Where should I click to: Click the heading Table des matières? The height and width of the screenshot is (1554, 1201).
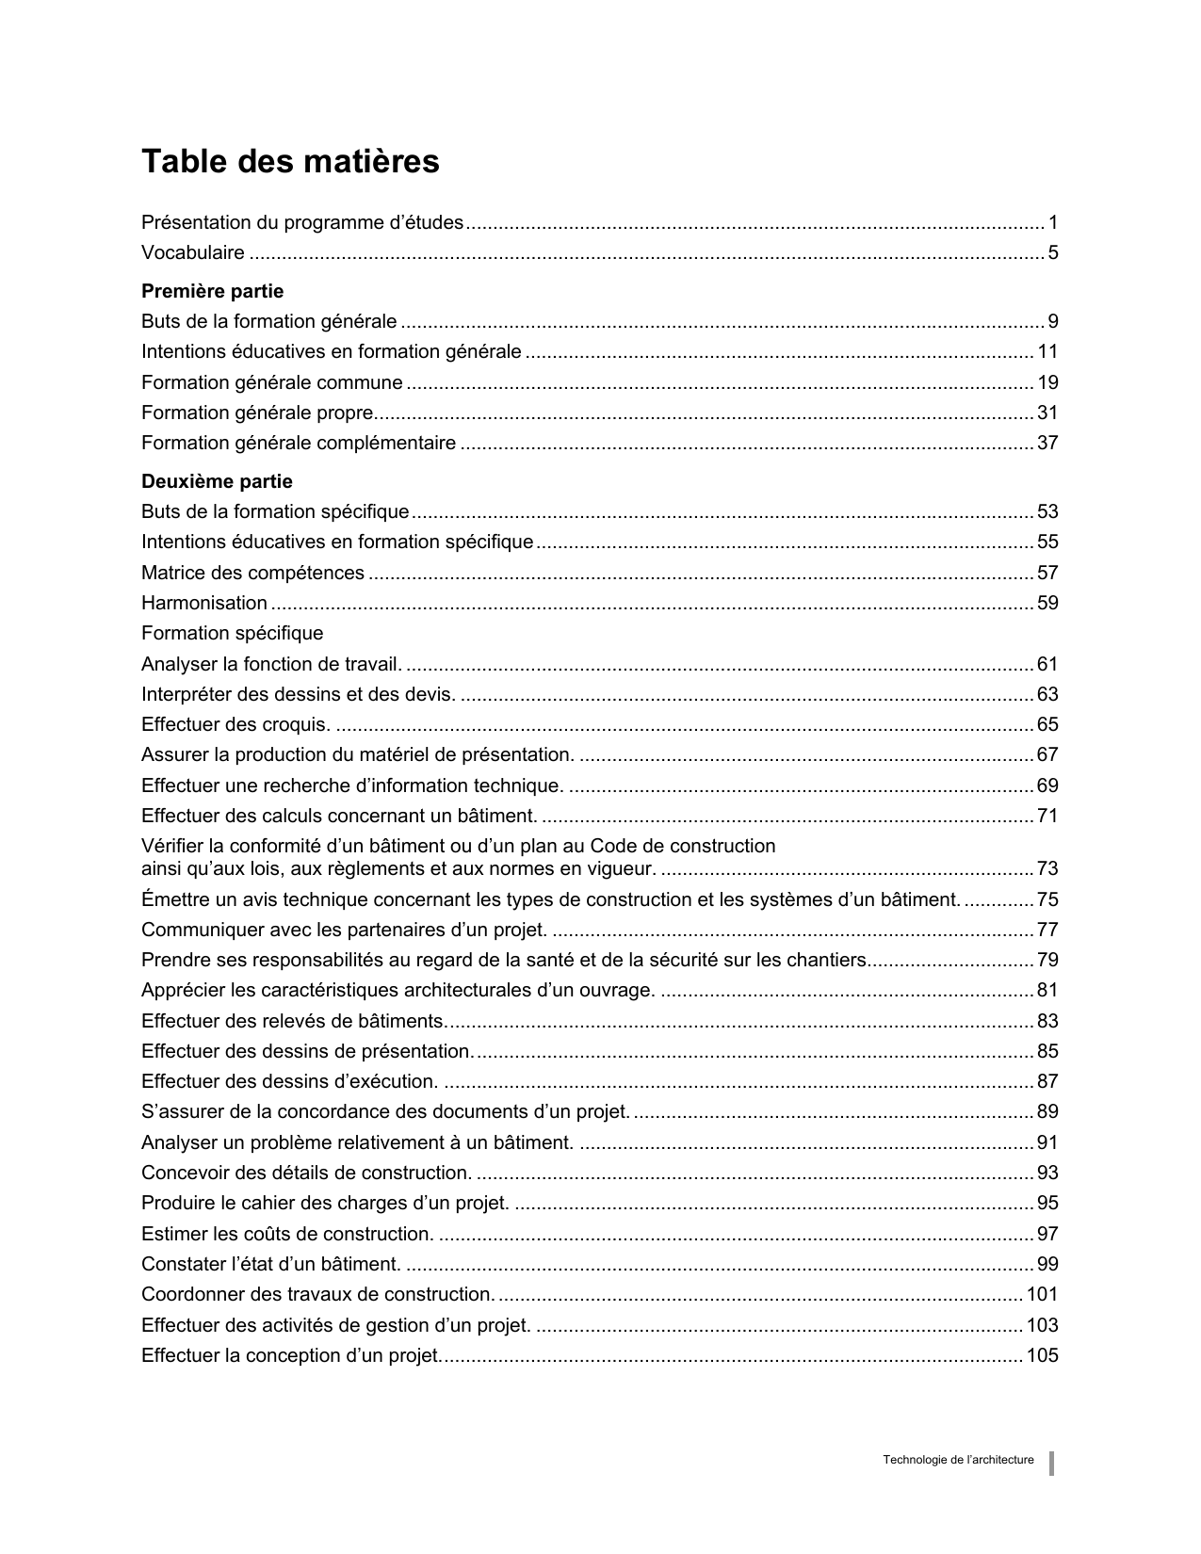290,162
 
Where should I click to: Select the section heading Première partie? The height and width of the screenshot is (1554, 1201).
212,291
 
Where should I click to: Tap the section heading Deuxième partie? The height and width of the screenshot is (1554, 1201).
217,481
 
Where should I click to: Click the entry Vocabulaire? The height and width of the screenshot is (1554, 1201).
193,252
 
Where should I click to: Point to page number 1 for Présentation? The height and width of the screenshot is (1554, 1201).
1053,222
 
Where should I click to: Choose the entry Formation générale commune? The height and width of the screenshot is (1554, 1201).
271,382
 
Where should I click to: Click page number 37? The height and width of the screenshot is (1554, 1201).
1047,443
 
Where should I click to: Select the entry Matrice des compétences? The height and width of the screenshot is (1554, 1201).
252,573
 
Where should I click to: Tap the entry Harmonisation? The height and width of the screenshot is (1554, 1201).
204,603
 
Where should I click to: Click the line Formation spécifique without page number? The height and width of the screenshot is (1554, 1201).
232,633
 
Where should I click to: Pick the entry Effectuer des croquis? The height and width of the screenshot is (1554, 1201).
235,724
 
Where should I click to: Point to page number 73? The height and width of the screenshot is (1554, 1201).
1047,868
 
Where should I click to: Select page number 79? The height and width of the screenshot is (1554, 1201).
1047,960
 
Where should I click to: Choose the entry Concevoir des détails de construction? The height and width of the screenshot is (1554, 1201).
306,1173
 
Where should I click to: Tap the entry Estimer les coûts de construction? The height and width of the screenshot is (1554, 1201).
287,1234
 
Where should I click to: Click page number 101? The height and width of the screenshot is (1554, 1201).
1043,1294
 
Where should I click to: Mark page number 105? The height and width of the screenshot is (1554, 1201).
1043,1355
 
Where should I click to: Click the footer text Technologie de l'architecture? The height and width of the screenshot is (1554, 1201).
958,1460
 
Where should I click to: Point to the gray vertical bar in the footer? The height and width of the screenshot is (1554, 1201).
1052,1464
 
